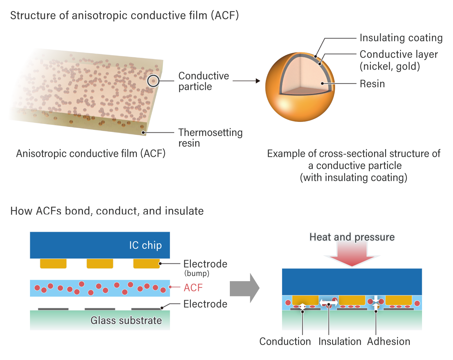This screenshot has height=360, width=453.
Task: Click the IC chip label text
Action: click(x=145, y=245)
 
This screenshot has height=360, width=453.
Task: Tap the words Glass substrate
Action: click(x=126, y=320)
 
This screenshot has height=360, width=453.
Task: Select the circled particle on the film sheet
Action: click(x=153, y=81)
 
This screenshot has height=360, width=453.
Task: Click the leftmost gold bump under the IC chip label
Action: click(x=53, y=263)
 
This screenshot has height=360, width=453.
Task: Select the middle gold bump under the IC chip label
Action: click(x=100, y=263)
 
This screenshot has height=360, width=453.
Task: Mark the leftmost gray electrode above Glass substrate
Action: click(x=53, y=309)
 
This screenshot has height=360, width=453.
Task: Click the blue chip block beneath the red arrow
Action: click(x=352, y=282)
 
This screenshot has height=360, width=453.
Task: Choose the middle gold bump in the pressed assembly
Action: click(x=352, y=300)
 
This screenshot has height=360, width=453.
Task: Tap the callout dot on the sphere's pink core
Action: click(x=322, y=83)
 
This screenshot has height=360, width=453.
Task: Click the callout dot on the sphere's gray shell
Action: click(x=319, y=64)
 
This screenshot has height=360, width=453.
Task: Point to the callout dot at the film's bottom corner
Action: click(x=143, y=133)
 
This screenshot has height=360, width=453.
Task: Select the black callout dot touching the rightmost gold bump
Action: click(x=160, y=263)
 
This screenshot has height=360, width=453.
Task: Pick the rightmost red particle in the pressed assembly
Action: click(x=417, y=303)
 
